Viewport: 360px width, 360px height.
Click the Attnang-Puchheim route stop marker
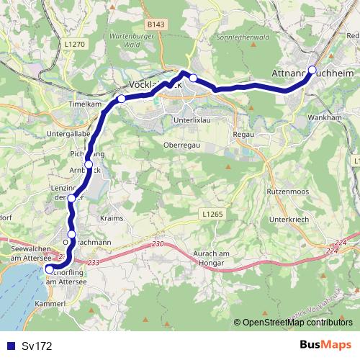point(312,70)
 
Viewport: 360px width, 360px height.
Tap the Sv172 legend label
point(37,346)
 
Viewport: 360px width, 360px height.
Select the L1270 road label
point(74,45)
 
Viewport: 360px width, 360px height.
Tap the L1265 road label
point(212,214)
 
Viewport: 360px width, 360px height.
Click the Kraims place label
point(113,217)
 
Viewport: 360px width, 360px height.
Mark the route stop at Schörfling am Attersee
point(48,270)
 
